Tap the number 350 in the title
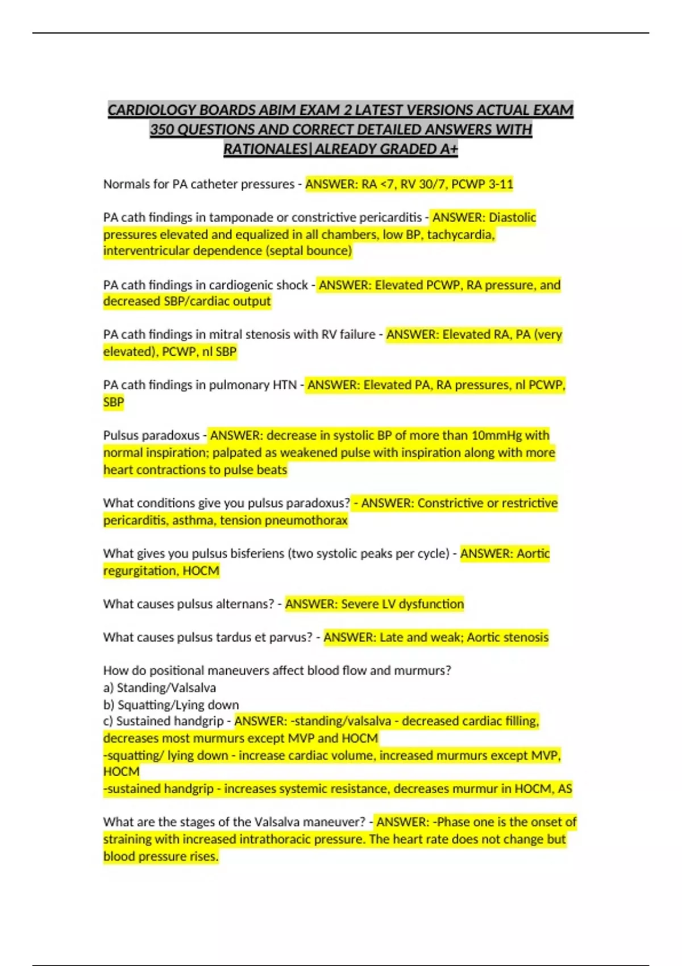point(162,130)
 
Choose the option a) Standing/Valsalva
point(160,688)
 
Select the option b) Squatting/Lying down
point(171,705)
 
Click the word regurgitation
point(140,571)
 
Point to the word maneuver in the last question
point(334,822)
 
